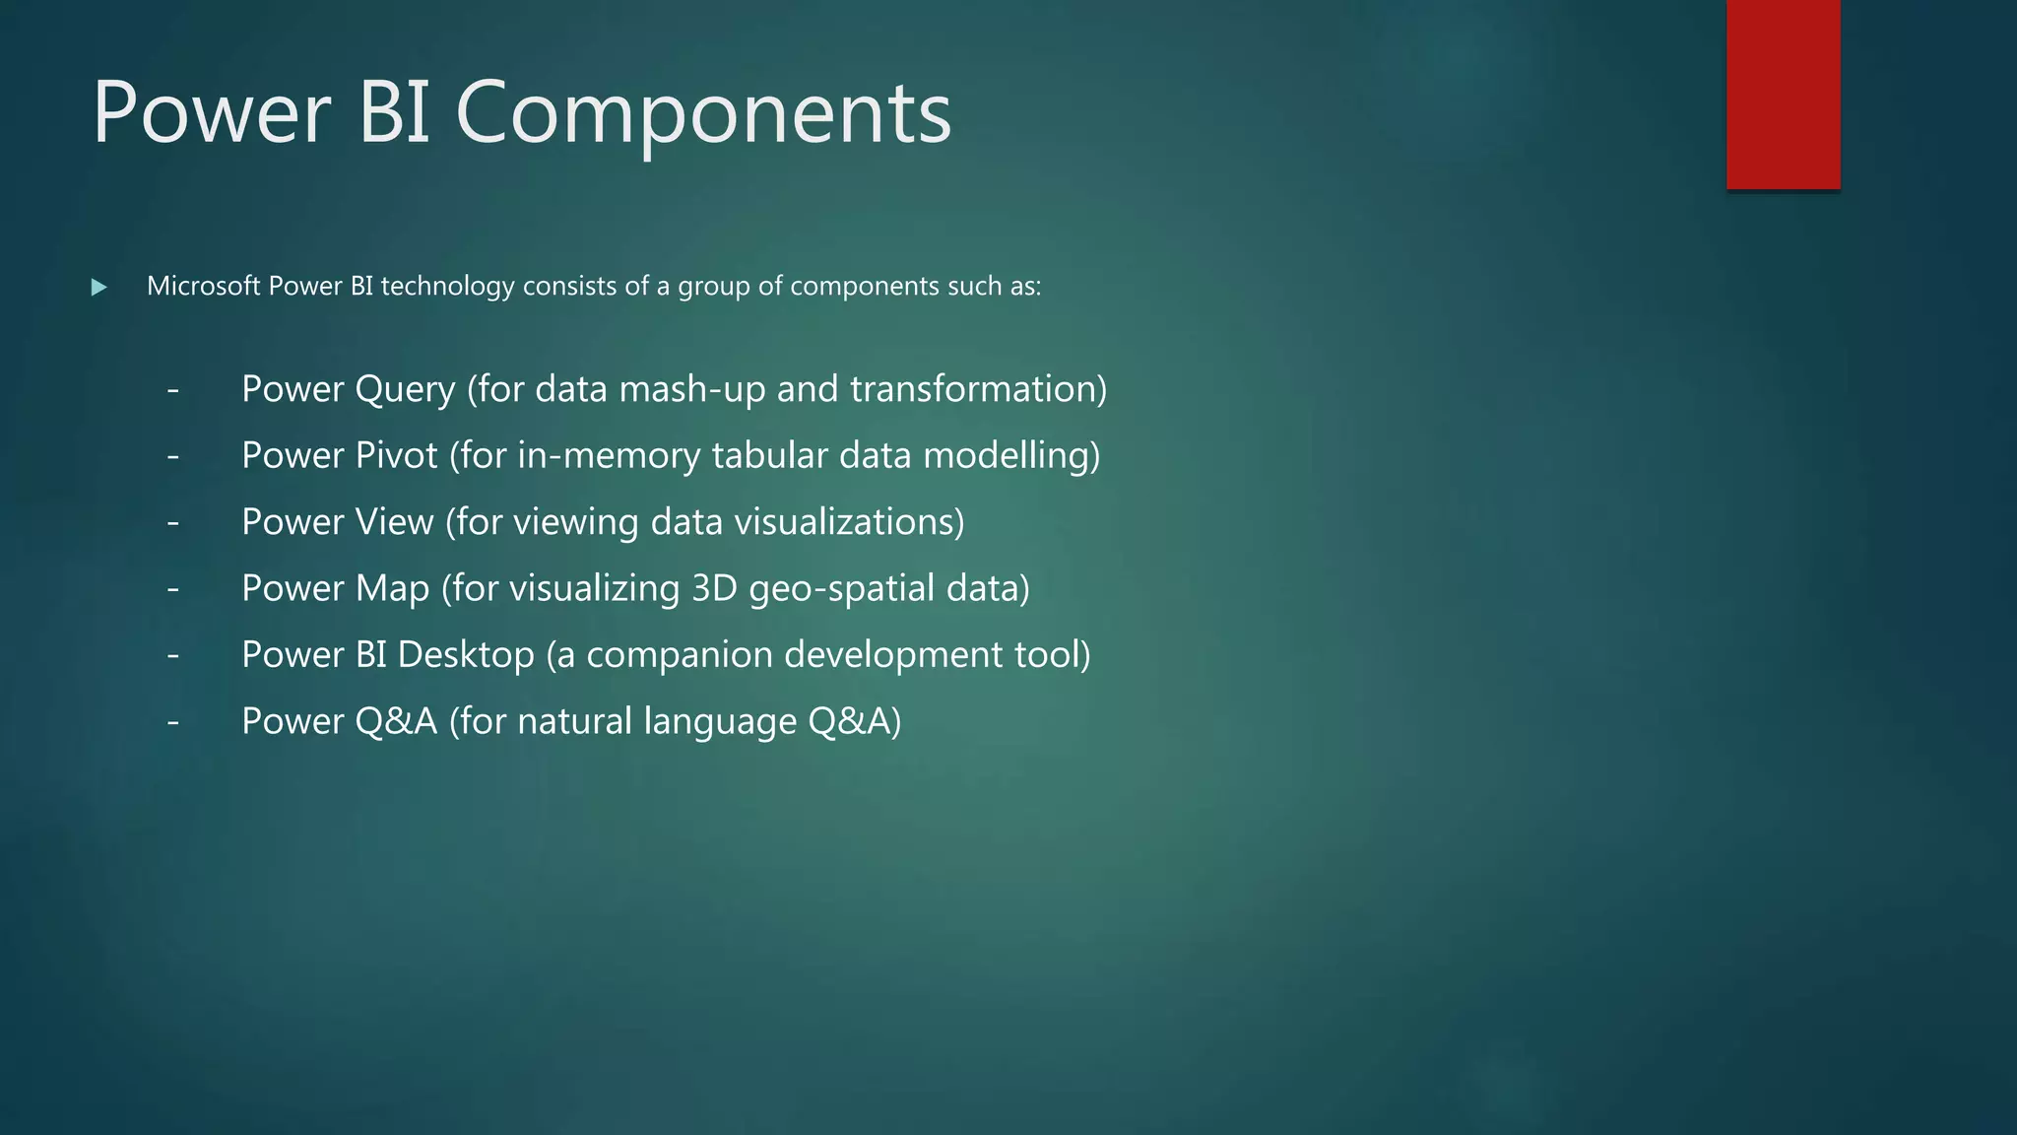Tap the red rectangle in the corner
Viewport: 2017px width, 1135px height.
[1783, 94]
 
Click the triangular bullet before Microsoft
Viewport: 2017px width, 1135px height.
[98, 288]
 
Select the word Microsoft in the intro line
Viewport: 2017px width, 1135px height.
[204, 286]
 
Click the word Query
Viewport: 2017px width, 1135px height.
[405, 390]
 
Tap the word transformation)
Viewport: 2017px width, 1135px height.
[979, 389]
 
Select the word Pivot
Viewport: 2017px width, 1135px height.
[396, 455]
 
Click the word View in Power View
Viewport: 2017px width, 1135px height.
[394, 522]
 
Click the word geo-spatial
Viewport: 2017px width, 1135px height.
[841, 589]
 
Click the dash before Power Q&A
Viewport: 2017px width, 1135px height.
[173, 722]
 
